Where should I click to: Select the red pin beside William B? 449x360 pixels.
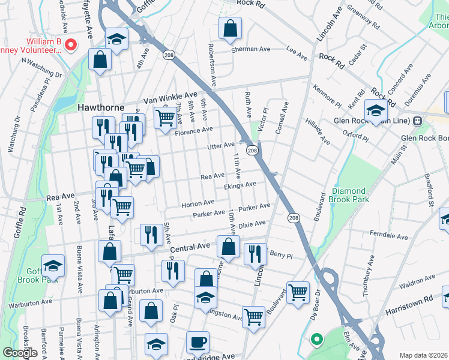tap(71, 44)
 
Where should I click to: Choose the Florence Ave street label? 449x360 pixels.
tap(194, 130)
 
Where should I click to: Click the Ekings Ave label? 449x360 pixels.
tap(240, 186)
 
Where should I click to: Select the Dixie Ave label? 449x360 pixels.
tap(252, 224)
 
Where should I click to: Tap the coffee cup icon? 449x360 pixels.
tap(197, 342)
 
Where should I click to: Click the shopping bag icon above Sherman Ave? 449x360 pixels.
tap(230, 28)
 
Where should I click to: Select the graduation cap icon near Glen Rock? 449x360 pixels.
tap(376, 112)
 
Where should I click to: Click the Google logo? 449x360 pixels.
tap(20, 353)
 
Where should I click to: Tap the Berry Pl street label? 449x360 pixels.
tap(281, 254)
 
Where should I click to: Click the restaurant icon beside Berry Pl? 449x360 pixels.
tap(255, 254)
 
